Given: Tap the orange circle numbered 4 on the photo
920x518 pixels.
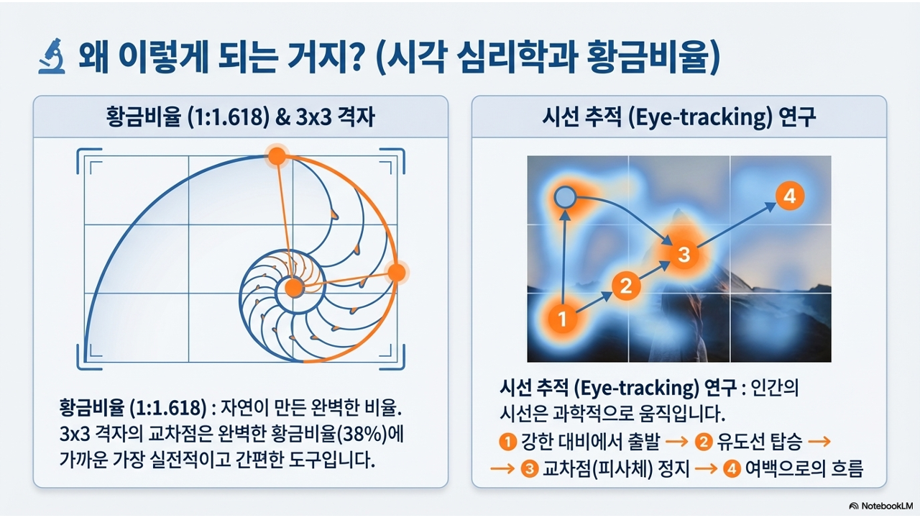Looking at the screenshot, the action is pos(790,196).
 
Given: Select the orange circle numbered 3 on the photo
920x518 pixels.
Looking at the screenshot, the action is pos(684,254).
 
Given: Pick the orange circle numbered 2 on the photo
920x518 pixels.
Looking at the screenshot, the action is pos(626,286).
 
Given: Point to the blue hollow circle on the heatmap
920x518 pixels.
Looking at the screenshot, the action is pos(565,197).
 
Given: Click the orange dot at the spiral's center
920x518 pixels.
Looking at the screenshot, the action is pos(294,288).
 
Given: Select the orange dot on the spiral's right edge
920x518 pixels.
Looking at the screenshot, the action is pos(397,273).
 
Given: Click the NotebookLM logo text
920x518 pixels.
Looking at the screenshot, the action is pos(880,506).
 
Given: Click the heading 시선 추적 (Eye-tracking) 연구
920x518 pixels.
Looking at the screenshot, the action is pos(678,117).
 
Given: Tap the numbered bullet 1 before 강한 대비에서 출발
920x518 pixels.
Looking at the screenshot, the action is pos(507,442).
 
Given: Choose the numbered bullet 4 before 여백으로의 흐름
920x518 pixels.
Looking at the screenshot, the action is pos(732,469).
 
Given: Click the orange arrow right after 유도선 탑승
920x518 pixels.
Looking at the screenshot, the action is pos(819,442).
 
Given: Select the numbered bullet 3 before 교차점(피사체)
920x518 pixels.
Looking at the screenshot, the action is pos(530,469).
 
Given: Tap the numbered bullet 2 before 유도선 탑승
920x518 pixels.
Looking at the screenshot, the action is pos(704,442).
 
